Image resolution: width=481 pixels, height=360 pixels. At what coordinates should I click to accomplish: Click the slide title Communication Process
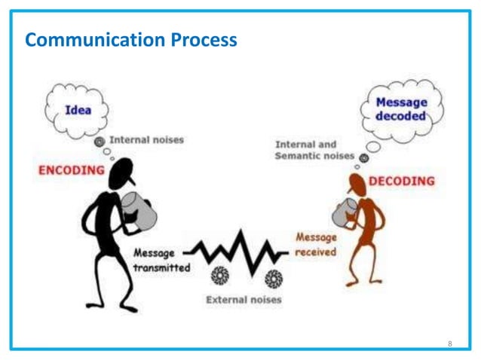pyautogui.click(x=131, y=40)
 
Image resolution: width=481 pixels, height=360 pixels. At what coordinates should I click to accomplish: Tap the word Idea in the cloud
pyautogui.click(x=77, y=110)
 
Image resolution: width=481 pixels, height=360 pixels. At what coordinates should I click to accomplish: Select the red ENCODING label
pyautogui.click(x=72, y=170)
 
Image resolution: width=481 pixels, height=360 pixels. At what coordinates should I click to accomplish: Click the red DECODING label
pyautogui.click(x=401, y=182)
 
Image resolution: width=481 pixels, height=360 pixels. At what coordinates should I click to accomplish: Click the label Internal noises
pyautogui.click(x=146, y=139)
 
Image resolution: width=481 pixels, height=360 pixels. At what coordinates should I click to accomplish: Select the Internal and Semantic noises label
pyautogui.click(x=316, y=149)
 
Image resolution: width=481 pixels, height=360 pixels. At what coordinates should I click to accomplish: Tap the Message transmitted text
pyautogui.click(x=161, y=261)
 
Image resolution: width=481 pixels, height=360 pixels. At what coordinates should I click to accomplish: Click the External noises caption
pyautogui.click(x=243, y=300)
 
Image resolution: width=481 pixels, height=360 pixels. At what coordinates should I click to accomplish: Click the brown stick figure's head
pyautogui.click(x=358, y=184)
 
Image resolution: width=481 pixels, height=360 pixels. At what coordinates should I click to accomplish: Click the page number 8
pyautogui.click(x=449, y=343)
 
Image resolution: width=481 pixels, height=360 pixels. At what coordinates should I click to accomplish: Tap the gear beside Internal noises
pyautogui.click(x=99, y=141)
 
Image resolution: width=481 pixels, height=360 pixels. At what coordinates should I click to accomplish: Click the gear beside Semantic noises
pyautogui.click(x=364, y=157)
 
